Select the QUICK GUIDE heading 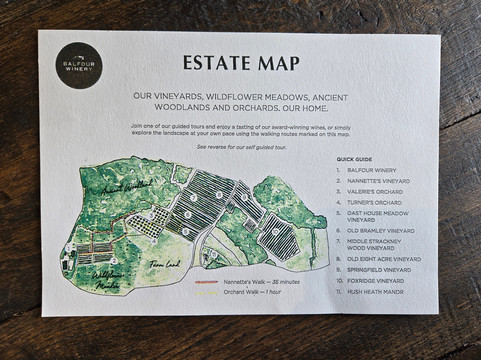coord(354,159)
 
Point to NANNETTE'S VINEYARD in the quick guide coord(381,181)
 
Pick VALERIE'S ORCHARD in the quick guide coord(378,192)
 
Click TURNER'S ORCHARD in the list coord(376,203)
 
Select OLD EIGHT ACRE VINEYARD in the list coord(391,259)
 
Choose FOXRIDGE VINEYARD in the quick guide coord(380,281)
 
